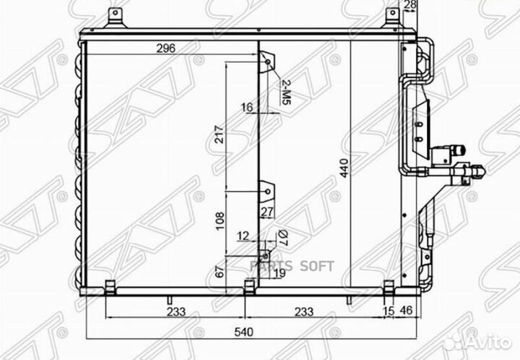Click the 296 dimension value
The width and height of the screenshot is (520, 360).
tap(166, 48)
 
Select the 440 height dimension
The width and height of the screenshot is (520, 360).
tap(344, 168)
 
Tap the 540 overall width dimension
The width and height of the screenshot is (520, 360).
tap(244, 332)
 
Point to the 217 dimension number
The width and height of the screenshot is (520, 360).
tap(220, 134)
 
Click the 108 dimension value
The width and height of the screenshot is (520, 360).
tap(220, 221)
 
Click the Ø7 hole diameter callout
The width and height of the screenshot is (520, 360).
tap(283, 237)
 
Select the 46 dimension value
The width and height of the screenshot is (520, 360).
tap(406, 310)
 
